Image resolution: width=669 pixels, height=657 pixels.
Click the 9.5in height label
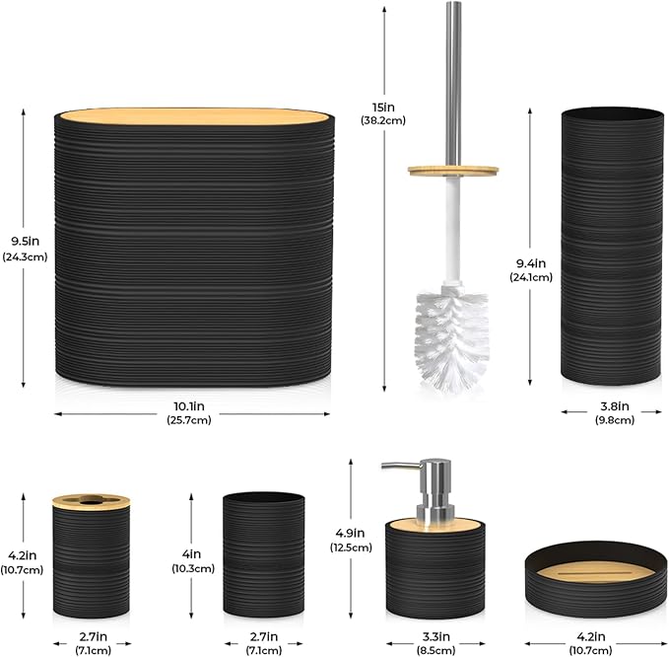point(26,242)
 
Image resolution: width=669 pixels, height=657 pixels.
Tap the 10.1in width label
point(188,406)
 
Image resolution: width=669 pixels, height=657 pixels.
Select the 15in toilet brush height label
point(383,108)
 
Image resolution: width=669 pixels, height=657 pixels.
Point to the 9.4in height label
point(531,263)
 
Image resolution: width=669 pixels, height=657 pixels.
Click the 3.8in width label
point(615,406)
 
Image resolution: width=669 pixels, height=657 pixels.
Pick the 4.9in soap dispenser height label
point(350,533)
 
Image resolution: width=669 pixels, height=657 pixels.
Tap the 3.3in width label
point(436,636)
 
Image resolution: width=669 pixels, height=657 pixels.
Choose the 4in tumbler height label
point(191,554)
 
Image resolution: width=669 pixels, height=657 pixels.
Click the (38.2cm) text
point(383,120)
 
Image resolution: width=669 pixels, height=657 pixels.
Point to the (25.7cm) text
point(189,420)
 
